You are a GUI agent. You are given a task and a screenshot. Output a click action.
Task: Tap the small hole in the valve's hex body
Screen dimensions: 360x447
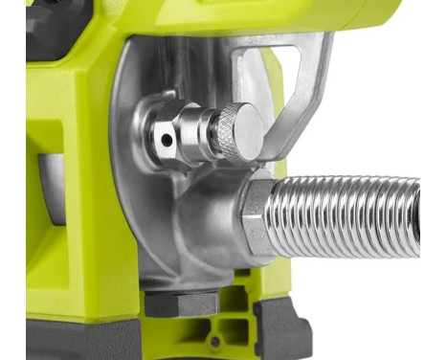coord(168,139)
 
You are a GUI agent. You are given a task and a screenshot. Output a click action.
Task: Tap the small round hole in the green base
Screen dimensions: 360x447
coord(215,341)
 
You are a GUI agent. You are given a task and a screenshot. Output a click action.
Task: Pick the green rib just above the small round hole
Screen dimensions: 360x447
coord(215,326)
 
